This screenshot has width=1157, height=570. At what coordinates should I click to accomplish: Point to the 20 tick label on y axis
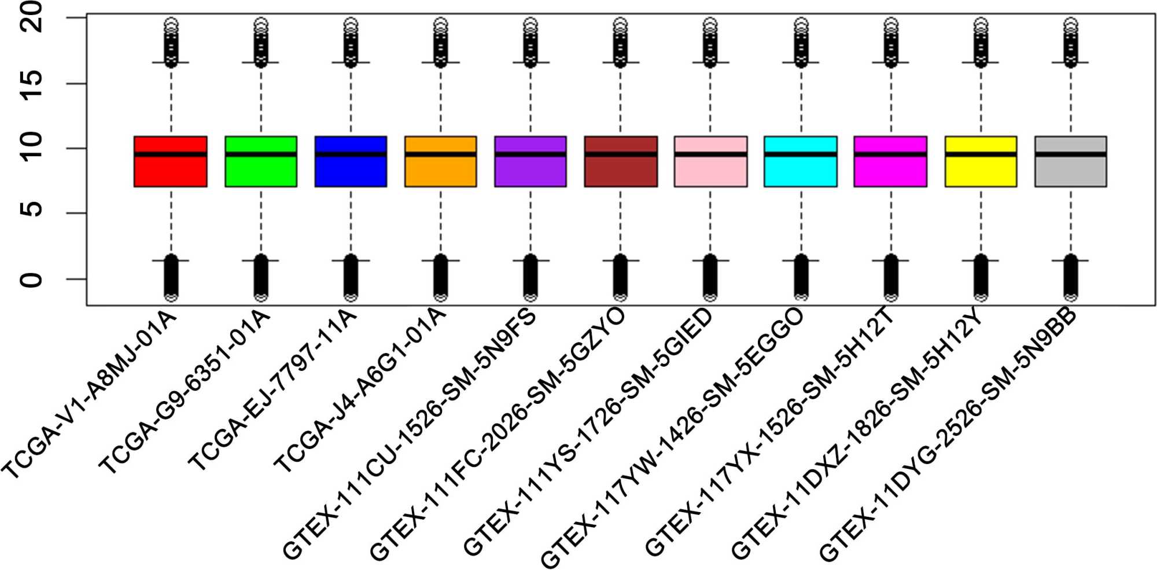tap(32, 17)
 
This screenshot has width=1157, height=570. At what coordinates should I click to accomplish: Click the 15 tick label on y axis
tap(32, 84)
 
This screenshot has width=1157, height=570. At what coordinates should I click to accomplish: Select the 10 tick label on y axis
tap(32, 148)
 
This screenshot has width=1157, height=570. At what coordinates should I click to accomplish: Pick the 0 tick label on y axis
tap(32, 280)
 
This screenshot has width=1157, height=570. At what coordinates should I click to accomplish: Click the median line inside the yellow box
tap(981, 154)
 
